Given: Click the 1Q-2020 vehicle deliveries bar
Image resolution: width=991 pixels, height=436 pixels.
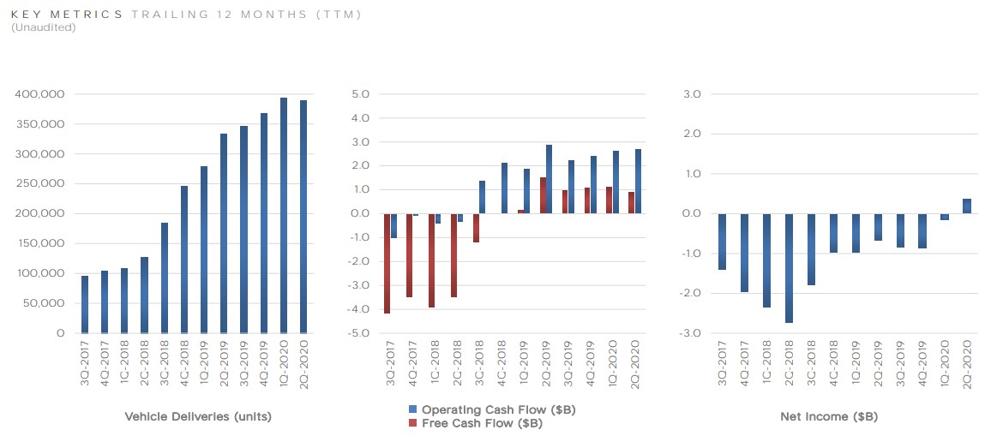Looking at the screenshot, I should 284,215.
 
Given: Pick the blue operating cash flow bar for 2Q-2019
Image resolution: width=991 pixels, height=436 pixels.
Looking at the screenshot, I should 549,179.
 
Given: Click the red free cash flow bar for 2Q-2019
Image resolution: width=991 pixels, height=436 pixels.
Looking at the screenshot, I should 543,195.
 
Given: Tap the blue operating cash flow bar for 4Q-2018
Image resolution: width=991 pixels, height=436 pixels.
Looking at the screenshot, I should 504,188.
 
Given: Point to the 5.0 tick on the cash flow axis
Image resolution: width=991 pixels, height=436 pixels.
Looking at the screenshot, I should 360,94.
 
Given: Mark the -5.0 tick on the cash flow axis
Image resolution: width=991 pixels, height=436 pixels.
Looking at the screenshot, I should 358,333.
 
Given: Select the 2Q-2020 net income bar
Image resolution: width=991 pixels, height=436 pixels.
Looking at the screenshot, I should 966,206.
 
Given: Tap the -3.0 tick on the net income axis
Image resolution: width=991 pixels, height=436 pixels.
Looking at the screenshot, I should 690,333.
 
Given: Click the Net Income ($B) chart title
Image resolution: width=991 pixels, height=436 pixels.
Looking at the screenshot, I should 828,417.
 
